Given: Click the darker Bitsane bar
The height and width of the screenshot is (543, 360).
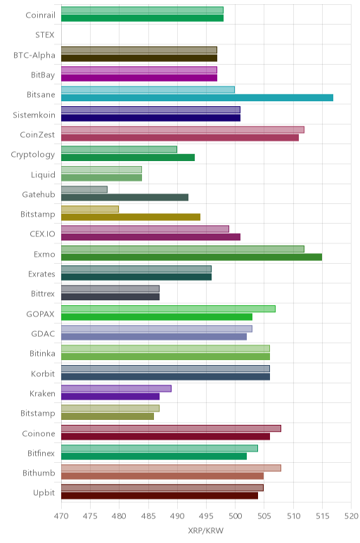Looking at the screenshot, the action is coord(198,98).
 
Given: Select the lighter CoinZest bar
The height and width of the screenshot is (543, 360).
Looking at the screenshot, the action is coord(183,129).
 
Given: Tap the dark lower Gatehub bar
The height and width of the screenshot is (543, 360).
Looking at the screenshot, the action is coord(125,198).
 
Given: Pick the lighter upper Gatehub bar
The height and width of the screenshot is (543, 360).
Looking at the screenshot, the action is coord(84,189).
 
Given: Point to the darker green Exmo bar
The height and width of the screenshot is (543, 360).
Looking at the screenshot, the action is coord(192,257).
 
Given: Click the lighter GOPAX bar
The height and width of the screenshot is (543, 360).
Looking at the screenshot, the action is coord(168,309).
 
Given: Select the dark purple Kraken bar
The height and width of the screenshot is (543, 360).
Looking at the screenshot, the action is coord(110,397).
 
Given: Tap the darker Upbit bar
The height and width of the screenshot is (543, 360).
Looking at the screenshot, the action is coord(160,496).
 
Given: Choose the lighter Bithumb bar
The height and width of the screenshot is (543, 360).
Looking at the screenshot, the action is coord(172,468).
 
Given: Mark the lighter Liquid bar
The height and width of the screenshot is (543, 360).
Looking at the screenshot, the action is coord(102,170).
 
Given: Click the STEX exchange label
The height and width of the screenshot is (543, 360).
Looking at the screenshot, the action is coord(45,35).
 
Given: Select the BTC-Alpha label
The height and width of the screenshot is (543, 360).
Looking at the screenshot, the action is coord(34,55).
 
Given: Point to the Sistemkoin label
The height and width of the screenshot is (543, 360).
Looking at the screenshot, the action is coord(34,115).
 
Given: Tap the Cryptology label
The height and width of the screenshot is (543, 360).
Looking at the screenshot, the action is coord(33,155).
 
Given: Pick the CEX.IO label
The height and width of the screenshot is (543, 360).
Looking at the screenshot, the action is coord(43,234).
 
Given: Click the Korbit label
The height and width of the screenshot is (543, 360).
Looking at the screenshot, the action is coord(43,373).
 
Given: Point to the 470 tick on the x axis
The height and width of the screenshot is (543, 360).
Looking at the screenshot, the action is coord(61,516).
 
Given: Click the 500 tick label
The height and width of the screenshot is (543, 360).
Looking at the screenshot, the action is coord(235,516).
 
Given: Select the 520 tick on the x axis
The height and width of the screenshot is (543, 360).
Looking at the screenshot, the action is coord(352,516).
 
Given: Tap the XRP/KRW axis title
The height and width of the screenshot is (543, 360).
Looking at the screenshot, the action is coord(205,530).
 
